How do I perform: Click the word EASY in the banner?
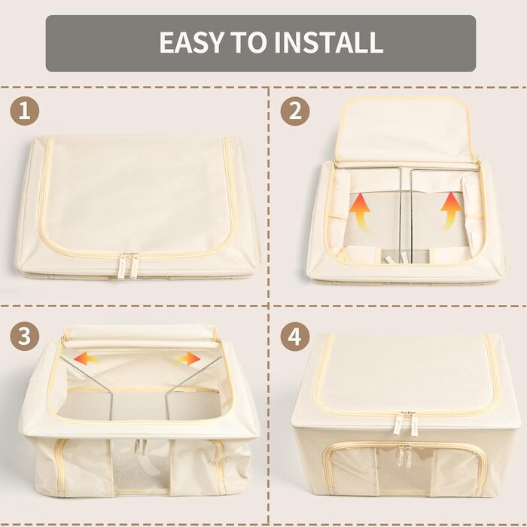point(191,42)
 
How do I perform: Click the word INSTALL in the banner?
point(328,42)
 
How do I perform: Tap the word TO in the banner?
point(248,42)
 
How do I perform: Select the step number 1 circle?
point(25,111)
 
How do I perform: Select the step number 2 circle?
point(295,111)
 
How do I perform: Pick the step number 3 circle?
point(25,336)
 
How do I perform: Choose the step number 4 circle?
point(295,336)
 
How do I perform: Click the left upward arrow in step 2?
point(360,212)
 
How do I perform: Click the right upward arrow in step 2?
point(450,212)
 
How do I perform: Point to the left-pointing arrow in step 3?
point(87,358)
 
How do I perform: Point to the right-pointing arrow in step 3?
point(188,358)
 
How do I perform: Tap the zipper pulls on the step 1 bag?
point(130,265)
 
